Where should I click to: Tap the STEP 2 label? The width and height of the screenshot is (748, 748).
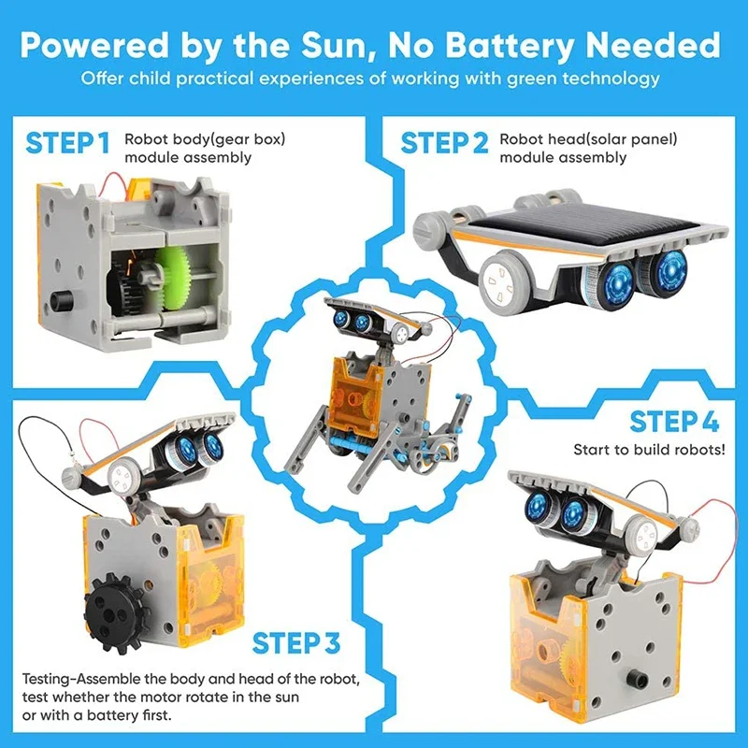click(x=445, y=143)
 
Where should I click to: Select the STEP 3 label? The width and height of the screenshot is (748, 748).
click(x=296, y=643)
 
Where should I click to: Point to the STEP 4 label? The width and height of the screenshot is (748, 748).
click(x=674, y=422)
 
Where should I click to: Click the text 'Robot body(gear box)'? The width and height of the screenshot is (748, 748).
click(x=205, y=139)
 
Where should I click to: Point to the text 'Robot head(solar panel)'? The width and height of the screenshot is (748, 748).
click(x=588, y=139)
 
